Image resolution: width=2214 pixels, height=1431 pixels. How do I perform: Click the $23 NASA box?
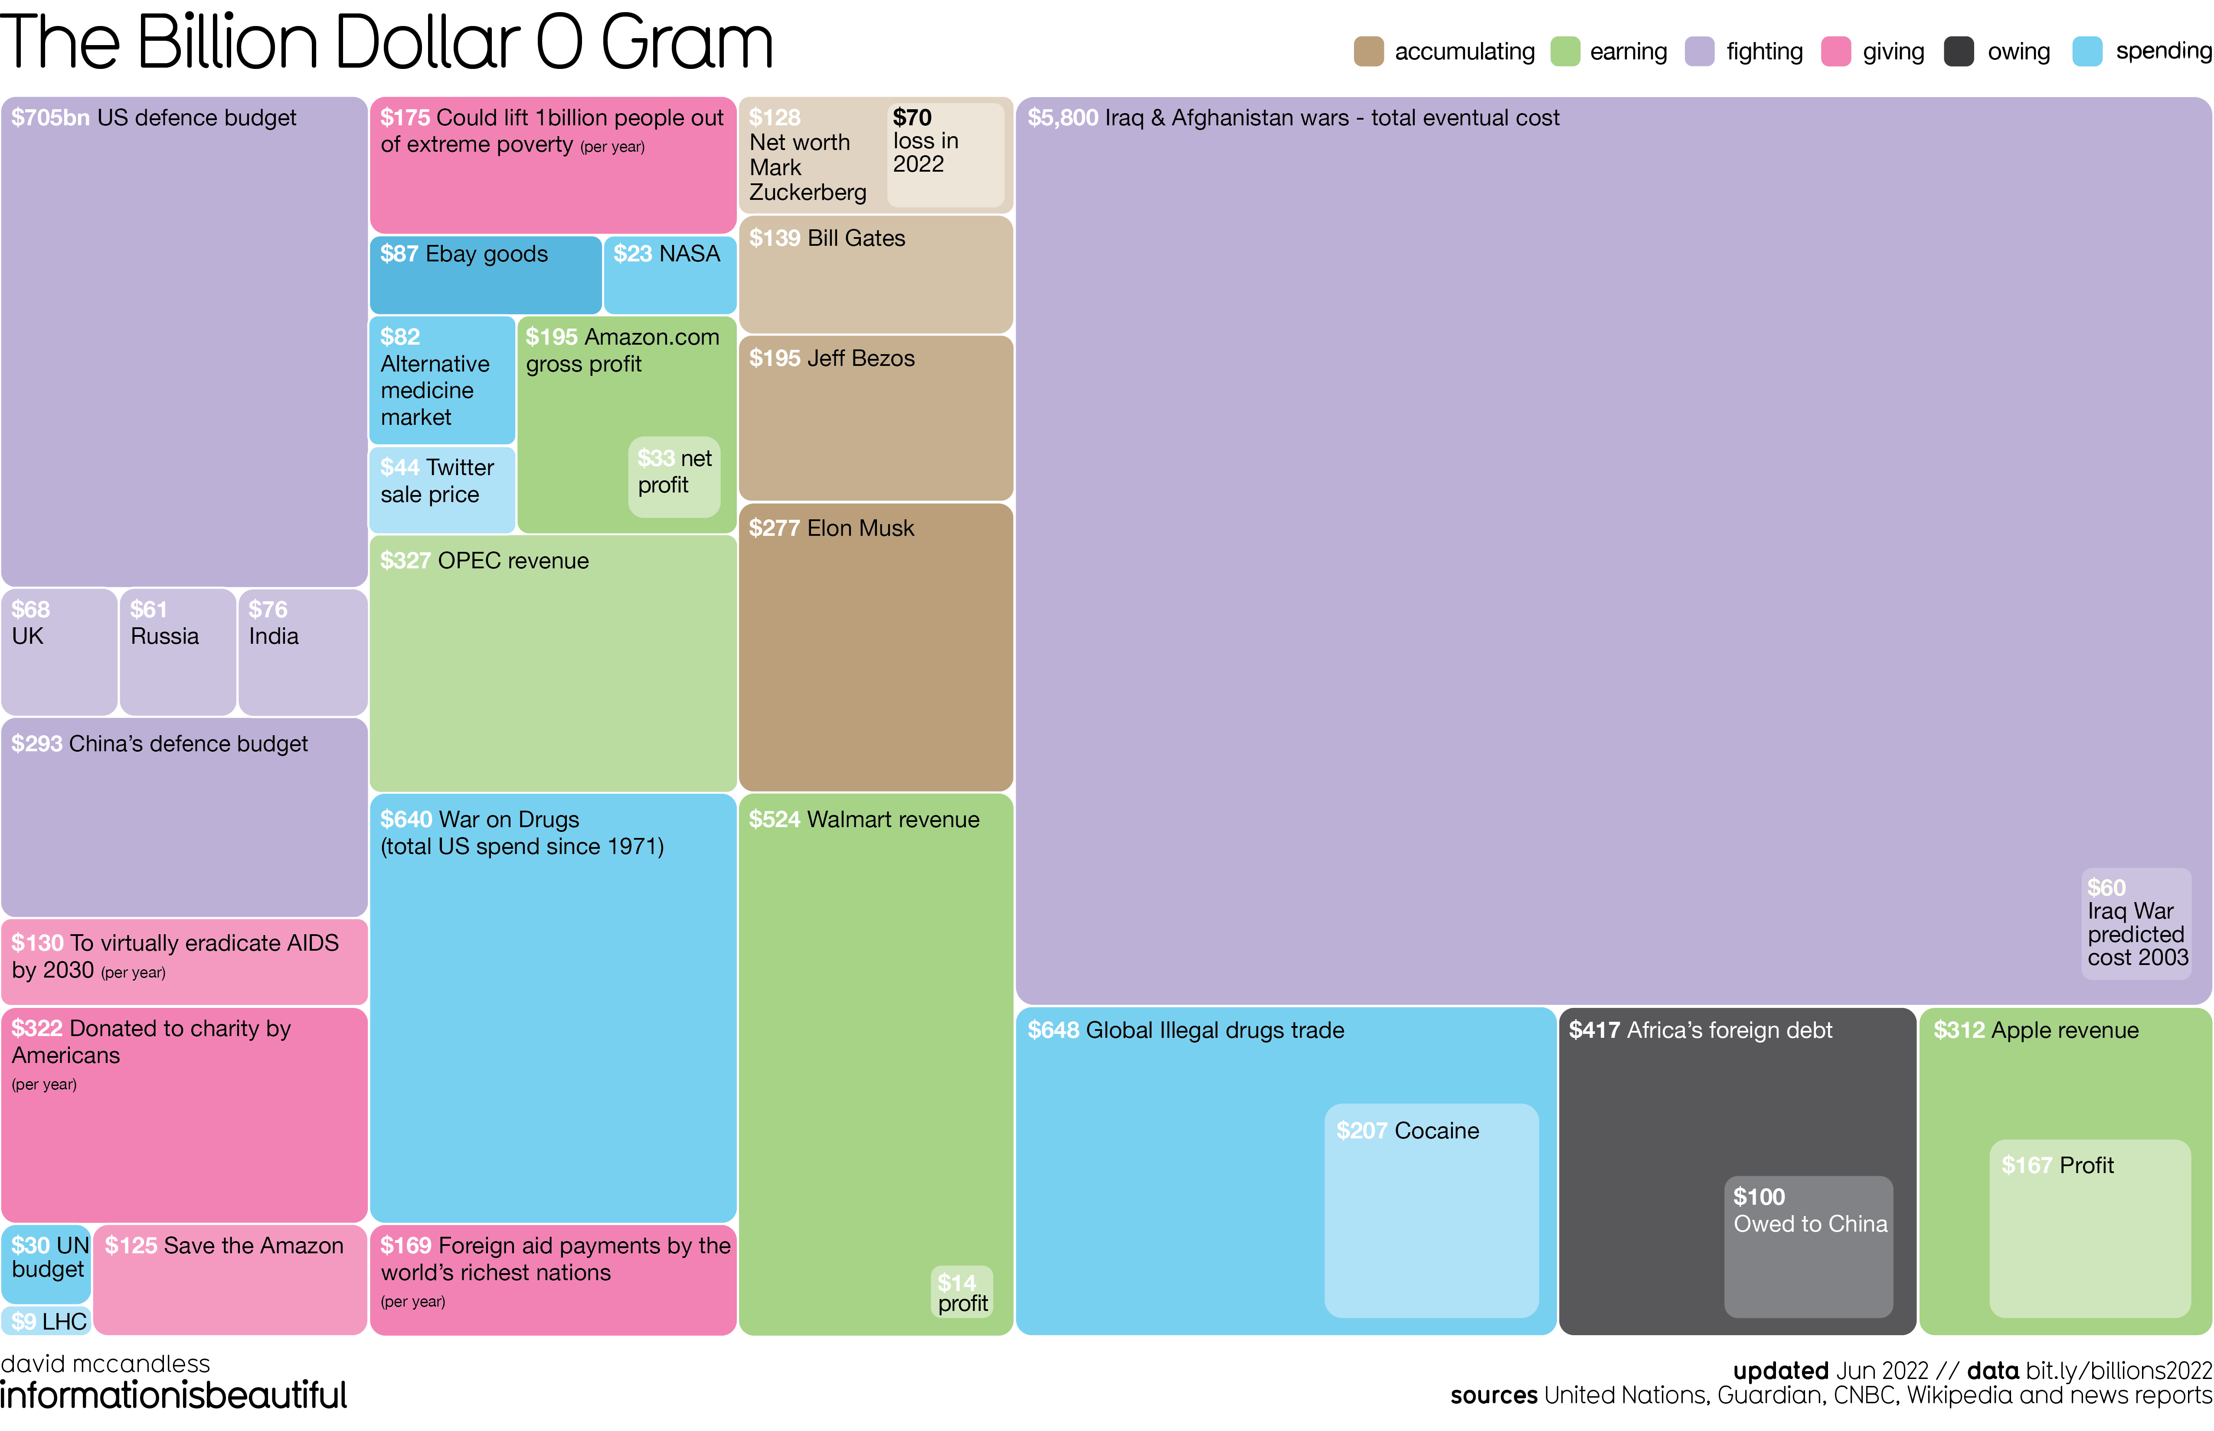click(669, 275)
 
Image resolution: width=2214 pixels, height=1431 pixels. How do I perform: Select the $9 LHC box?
click(46, 1320)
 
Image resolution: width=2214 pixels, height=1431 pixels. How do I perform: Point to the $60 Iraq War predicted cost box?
click(2135, 923)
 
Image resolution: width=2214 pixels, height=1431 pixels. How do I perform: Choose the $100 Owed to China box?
click(1808, 1245)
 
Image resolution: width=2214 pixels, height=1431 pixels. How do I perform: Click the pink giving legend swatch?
click(1836, 51)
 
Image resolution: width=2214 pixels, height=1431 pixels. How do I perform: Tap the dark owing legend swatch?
click(1959, 51)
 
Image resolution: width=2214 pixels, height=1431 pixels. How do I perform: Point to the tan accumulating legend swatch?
click(1368, 51)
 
